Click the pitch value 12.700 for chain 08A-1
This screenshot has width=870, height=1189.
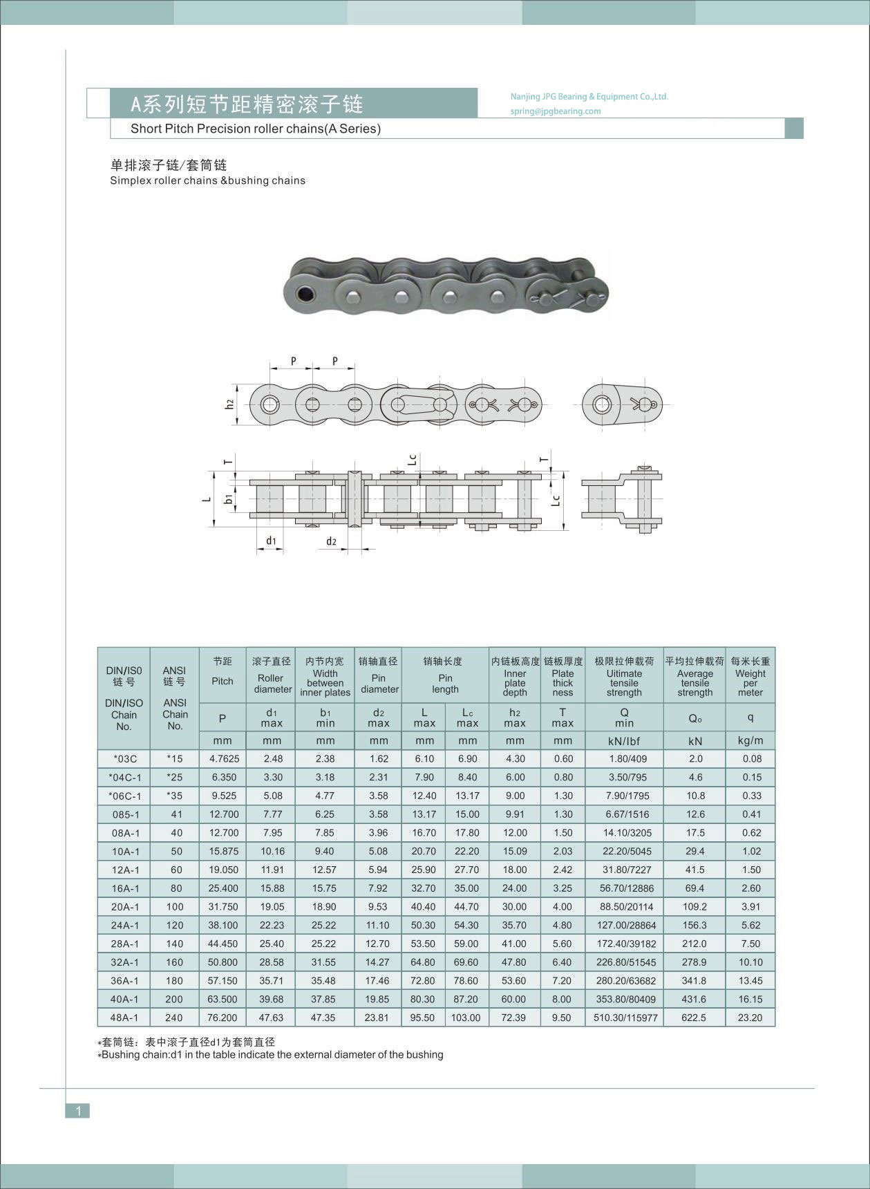pyautogui.click(x=223, y=833)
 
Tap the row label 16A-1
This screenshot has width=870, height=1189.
pyautogui.click(x=124, y=888)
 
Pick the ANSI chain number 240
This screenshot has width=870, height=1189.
pyautogui.click(x=175, y=1018)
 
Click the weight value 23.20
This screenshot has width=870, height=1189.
pyautogui.click(x=750, y=1018)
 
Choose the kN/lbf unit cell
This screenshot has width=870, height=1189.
pyautogui.click(x=624, y=741)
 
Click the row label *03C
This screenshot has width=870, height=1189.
pyautogui.click(x=124, y=759)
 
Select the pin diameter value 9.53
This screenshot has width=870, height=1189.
pyautogui.click(x=378, y=907)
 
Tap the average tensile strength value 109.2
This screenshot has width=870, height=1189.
pyautogui.click(x=694, y=907)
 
